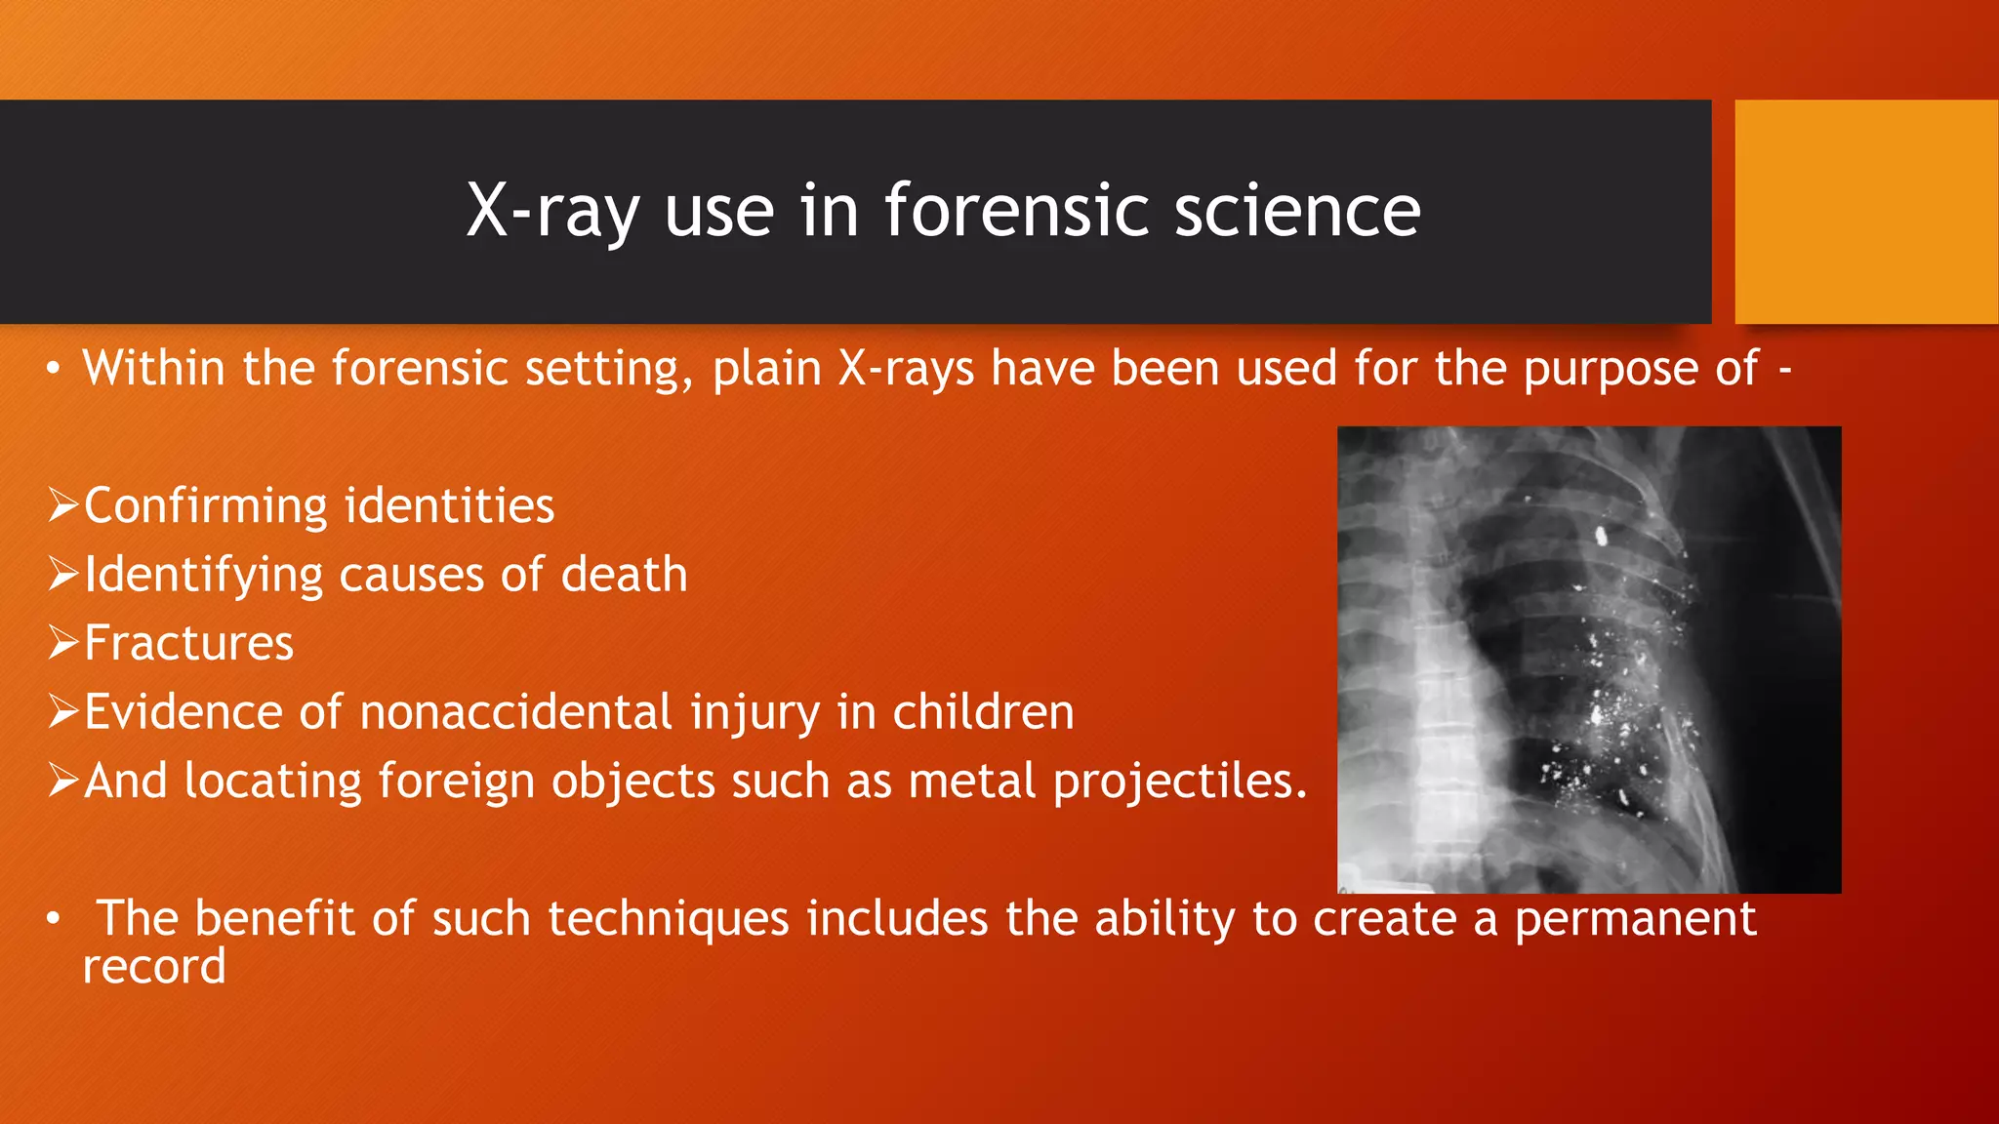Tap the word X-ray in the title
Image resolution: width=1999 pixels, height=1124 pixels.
(x=551, y=211)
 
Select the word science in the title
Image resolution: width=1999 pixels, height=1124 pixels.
(x=1297, y=211)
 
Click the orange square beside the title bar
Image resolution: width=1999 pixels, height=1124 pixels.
(x=1865, y=211)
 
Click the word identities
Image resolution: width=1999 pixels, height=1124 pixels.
(x=449, y=505)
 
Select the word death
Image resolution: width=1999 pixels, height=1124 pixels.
(x=625, y=575)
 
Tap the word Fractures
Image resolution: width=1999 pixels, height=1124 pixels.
(x=188, y=643)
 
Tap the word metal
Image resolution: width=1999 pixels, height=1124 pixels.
(x=971, y=782)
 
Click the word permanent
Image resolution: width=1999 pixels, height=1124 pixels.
(x=1635, y=919)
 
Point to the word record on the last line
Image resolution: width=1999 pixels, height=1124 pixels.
(x=154, y=967)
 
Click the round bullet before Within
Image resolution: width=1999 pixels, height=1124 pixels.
(x=53, y=370)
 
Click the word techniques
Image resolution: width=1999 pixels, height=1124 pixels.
(x=669, y=919)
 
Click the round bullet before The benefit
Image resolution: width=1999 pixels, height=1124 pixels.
(x=53, y=919)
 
